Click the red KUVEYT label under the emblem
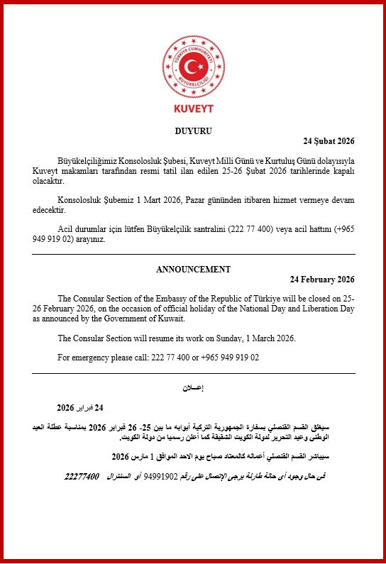click(x=193, y=109)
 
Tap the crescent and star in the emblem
click(x=193, y=67)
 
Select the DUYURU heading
click(x=193, y=131)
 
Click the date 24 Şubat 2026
click(x=329, y=142)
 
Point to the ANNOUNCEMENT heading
click(x=193, y=269)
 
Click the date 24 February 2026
click(x=323, y=280)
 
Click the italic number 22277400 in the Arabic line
click(x=82, y=475)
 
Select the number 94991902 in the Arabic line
click(x=163, y=476)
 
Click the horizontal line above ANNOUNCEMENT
click(x=193, y=253)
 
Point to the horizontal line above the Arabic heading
click(x=193, y=373)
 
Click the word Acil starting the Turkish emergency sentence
click(x=67, y=230)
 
